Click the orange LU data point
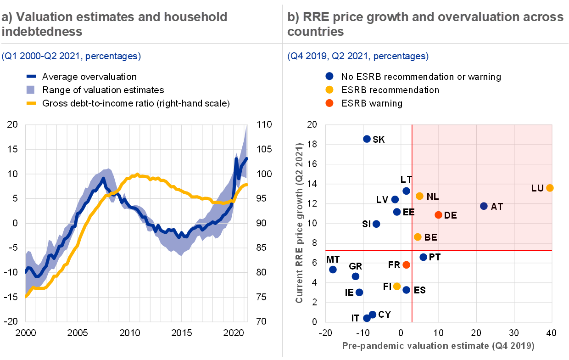(550, 188)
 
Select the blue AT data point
(484, 206)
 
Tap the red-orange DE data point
(438, 215)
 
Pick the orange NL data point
(419, 196)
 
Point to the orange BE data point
(418, 237)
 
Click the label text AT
(497, 207)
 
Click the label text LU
(537, 188)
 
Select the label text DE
(451, 215)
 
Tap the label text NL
(433, 197)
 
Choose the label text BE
(430, 237)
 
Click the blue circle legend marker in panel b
(329, 76)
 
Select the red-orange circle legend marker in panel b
(329, 103)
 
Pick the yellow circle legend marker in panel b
(329, 90)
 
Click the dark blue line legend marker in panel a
(31, 76)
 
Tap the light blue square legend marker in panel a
(30, 89)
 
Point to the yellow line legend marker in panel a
(31, 103)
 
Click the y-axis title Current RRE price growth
(299, 223)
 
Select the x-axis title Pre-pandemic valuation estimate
(438, 345)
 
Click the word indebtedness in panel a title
(42, 31)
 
